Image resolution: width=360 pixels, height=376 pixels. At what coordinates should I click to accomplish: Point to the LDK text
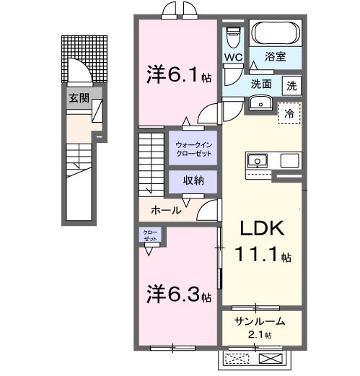[x=263, y=229]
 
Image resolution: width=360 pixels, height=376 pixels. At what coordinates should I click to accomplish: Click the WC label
[x=232, y=56]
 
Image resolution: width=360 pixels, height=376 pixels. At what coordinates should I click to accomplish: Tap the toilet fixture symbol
[x=233, y=35]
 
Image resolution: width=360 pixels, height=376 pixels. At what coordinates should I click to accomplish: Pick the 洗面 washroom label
[x=261, y=84]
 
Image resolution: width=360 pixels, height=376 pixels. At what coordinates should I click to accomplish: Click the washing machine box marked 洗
[x=291, y=84]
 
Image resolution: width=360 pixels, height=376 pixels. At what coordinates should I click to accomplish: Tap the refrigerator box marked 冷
[x=289, y=113]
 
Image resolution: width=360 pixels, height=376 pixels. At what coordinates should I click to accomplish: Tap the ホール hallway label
[x=166, y=211]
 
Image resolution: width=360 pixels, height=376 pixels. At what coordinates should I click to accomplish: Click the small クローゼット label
[x=150, y=235]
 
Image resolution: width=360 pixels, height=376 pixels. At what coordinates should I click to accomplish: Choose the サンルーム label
[x=260, y=322]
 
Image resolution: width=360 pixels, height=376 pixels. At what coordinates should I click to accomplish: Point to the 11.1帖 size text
[x=263, y=255]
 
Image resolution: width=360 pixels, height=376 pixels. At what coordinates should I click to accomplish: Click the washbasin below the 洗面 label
[x=258, y=102]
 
